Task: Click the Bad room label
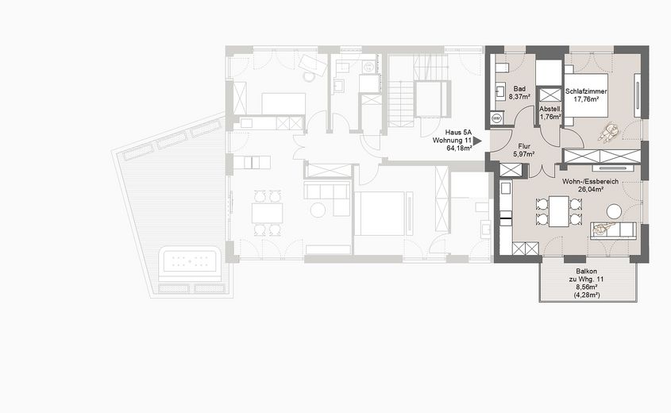click(x=520, y=89)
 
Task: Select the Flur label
click(x=524, y=146)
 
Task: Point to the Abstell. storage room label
click(x=550, y=109)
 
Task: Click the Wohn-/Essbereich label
click(x=589, y=182)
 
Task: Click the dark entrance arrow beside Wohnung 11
click(x=478, y=138)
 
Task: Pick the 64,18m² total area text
click(x=453, y=147)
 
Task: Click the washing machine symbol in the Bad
click(x=498, y=118)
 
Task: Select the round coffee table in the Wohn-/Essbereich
click(x=614, y=211)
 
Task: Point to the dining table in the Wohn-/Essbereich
click(x=558, y=211)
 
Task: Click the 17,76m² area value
click(x=586, y=99)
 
